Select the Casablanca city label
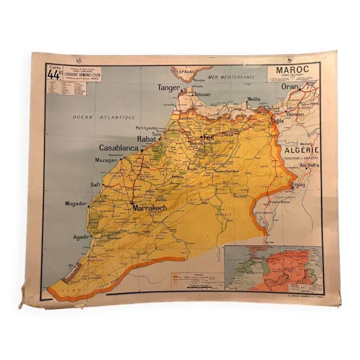pos(119,148)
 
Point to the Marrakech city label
pos(149,208)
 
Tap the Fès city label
pos(209,137)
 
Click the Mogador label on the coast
pos(76,204)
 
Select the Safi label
pos(95,185)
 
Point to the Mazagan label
pos(106,161)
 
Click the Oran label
pos(290,86)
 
